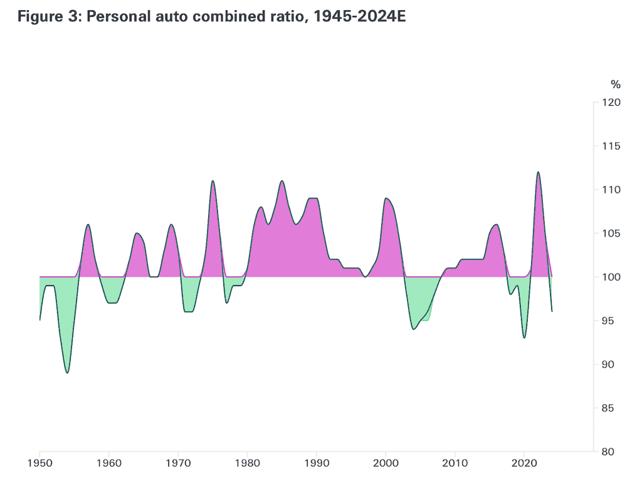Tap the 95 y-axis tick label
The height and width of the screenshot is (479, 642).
tap(613, 321)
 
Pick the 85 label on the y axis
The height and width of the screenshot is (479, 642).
tap(613, 408)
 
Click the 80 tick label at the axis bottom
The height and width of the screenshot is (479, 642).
tap(613, 451)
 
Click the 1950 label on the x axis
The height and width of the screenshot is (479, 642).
tap(39, 464)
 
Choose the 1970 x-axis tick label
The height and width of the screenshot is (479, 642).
tap(178, 464)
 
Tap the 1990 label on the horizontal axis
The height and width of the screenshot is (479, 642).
tap(316, 464)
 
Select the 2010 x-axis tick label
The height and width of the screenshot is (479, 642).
tap(455, 464)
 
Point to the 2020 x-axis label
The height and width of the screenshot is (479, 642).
tap(524, 464)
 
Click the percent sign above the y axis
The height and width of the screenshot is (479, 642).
tap(615, 84)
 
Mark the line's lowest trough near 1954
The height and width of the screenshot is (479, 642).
tap(67, 373)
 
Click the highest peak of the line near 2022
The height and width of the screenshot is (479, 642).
tap(538, 172)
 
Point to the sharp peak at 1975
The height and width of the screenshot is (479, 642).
tap(213, 181)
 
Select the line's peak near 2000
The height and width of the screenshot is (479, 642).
tap(386, 198)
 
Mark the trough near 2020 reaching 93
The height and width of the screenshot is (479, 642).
tap(524, 337)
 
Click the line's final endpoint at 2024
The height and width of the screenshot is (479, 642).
tap(552, 311)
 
